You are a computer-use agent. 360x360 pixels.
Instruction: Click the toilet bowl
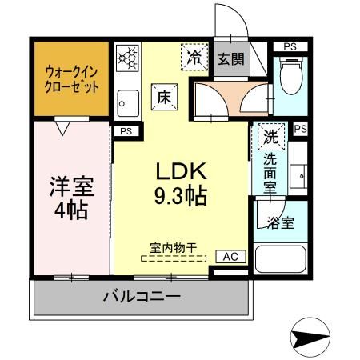tap(288, 77)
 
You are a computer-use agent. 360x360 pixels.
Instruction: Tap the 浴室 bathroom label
tap(282, 222)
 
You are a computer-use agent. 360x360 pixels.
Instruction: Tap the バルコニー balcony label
tap(141, 298)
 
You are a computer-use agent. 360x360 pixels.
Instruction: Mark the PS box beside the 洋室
tap(125, 131)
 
